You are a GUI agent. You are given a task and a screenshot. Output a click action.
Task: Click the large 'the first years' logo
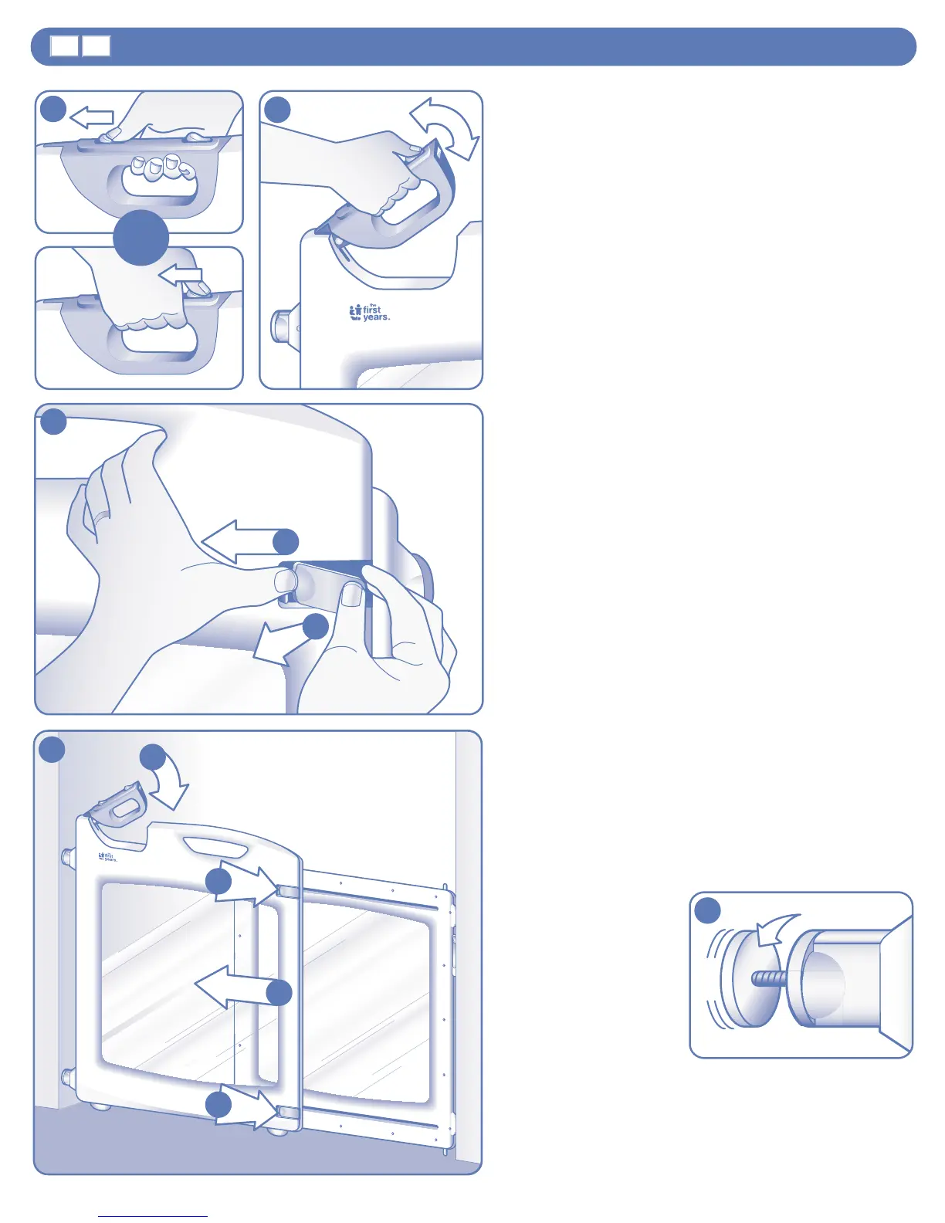(369, 313)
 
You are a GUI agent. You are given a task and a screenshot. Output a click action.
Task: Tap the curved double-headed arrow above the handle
(445, 127)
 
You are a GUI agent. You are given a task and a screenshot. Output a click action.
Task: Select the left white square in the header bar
(65, 46)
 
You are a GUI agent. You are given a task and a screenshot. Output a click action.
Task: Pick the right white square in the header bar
(97, 46)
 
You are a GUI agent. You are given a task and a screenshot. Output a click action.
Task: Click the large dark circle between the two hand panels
(141, 238)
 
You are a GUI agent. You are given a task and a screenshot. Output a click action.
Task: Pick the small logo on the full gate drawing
(107, 856)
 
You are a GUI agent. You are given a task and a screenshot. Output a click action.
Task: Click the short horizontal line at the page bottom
(153, 1216)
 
